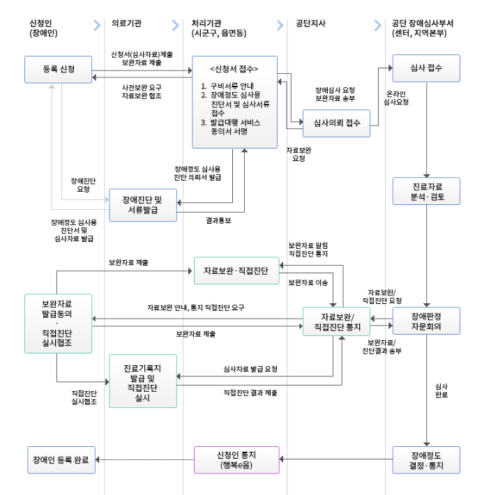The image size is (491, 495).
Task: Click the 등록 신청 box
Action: [59, 69]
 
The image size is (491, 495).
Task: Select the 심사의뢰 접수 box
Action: [337, 123]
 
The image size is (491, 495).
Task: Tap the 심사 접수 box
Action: [427, 69]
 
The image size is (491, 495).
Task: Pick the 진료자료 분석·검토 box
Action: [427, 192]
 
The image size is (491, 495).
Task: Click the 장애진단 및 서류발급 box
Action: [142, 204]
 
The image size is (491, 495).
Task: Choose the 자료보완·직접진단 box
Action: [236, 269]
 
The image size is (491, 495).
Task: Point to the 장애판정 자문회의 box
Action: [427, 320]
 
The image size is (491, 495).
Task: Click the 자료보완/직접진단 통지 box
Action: [338, 321]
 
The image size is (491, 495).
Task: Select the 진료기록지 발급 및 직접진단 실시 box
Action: [142, 380]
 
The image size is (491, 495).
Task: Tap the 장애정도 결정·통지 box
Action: [427, 459]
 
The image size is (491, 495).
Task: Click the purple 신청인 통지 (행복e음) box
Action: [236, 459]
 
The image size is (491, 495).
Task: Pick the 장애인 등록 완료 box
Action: [61, 459]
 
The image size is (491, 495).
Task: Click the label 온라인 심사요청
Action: [396, 97]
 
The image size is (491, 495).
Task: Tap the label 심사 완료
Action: [441, 390]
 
